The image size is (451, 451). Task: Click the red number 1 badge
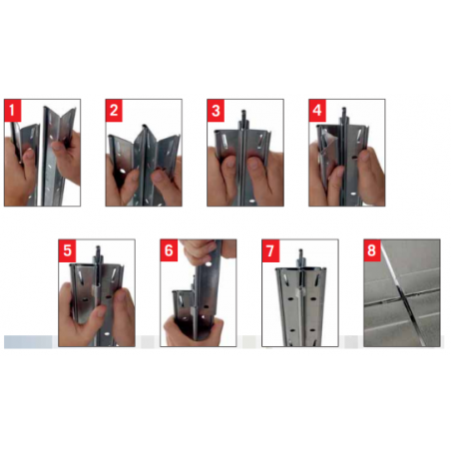pyautogui.click(x=13, y=111)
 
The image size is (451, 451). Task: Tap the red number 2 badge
pyautogui.click(x=114, y=111)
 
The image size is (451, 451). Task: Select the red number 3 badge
pyautogui.click(x=216, y=111)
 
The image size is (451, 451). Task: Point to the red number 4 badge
pyautogui.click(x=317, y=111)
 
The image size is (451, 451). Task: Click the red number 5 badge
pyautogui.click(x=67, y=250)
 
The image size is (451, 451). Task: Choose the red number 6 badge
pyautogui.click(x=169, y=250)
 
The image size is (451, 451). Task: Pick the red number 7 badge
pyautogui.click(x=270, y=250)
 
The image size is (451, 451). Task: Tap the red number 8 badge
pyautogui.click(x=372, y=250)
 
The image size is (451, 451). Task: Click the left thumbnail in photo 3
pyautogui.click(x=228, y=162)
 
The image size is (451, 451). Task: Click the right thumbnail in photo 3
pyautogui.click(x=255, y=163)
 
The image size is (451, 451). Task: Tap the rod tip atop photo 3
pyautogui.click(x=243, y=112)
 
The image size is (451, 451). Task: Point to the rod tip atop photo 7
pyautogui.click(x=300, y=251)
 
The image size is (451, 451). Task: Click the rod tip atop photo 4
pyautogui.click(x=344, y=110)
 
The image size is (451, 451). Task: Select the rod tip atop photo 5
pyautogui.click(x=98, y=248)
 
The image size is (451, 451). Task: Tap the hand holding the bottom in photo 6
pyautogui.click(x=193, y=332)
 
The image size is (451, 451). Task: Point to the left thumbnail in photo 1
pyautogui.click(x=29, y=154)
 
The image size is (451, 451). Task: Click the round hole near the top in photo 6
pyautogui.click(x=209, y=264)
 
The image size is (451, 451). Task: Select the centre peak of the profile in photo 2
pyautogui.click(x=144, y=127)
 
